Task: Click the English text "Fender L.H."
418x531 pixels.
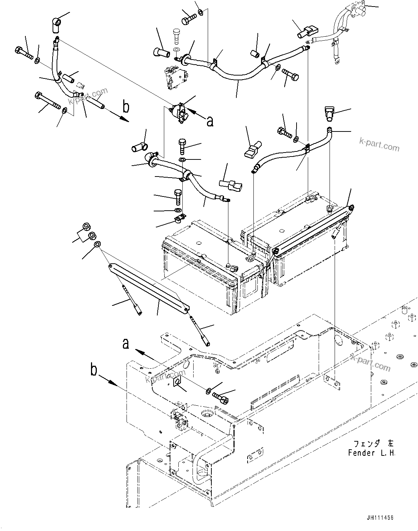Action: pos(372,453)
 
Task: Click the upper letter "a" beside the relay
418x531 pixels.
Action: pos(210,122)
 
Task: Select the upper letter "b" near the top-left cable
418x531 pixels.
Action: pos(126,107)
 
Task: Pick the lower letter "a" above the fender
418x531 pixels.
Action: pos(126,343)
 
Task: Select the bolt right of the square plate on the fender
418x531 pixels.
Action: pos(220,397)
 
